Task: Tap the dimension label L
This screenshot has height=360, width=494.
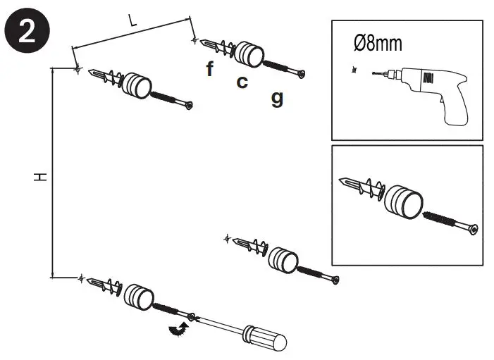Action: (x=132, y=20)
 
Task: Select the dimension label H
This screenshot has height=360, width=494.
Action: (x=41, y=176)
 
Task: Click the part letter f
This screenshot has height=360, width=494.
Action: (x=209, y=68)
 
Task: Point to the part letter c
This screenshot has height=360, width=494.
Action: (x=242, y=82)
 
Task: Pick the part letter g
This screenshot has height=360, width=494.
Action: (x=277, y=98)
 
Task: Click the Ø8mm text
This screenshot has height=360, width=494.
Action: (x=378, y=44)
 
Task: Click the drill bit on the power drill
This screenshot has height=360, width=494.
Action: (x=373, y=71)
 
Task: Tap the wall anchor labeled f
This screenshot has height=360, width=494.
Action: (x=218, y=47)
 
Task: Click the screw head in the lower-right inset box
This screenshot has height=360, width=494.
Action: (x=475, y=230)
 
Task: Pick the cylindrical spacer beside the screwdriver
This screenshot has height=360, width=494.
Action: (x=138, y=297)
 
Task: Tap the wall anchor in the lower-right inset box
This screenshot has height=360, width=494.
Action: (x=359, y=187)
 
